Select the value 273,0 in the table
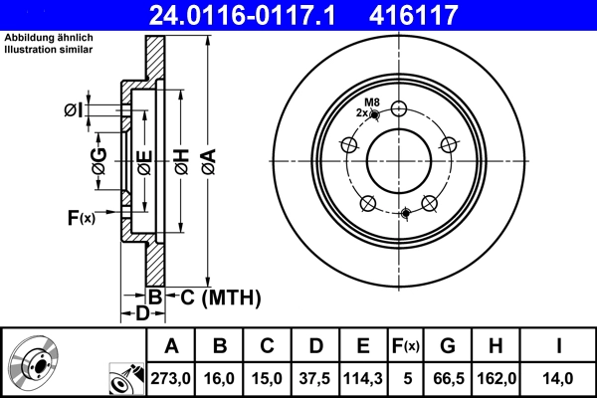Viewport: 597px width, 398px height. [171, 378]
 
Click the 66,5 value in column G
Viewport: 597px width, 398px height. [448, 378]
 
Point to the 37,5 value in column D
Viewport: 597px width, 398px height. [315, 378]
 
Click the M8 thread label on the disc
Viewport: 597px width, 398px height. [371, 102]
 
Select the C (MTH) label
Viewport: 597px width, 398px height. [219, 297]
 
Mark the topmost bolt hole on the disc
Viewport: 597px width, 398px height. [399, 109]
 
